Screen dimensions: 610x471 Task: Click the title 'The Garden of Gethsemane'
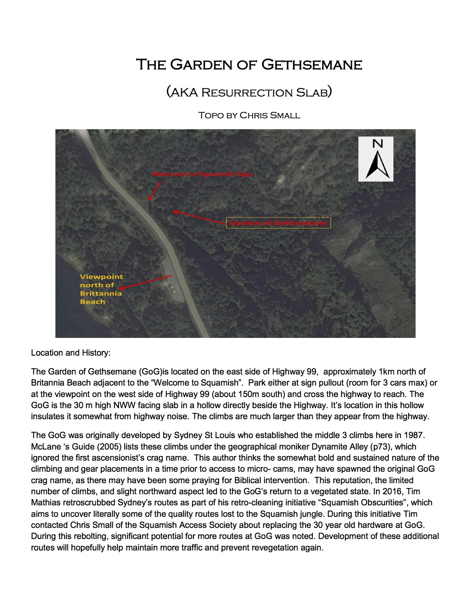coord(249,65)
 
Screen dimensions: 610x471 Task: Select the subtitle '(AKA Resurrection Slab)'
coord(249,92)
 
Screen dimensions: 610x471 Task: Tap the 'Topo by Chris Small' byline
coord(249,115)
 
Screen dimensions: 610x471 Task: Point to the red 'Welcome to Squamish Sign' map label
coord(202,174)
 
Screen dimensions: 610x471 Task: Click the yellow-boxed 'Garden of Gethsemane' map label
coord(278,223)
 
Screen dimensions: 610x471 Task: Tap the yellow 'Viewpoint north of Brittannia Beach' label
coord(101,289)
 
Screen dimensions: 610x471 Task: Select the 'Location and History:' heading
coord(71,353)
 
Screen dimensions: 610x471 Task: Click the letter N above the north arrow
coord(378,143)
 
